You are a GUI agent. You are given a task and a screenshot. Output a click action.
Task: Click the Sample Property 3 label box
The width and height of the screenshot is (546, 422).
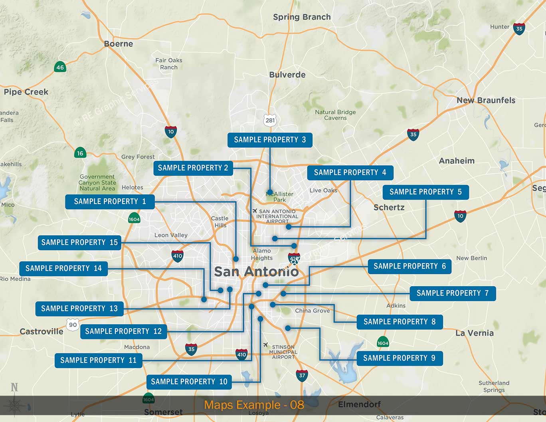coord(270,140)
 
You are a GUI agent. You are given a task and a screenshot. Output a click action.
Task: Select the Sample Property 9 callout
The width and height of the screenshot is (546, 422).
coord(400,358)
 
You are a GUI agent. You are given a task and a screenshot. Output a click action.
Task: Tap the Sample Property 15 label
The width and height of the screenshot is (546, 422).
coord(79,242)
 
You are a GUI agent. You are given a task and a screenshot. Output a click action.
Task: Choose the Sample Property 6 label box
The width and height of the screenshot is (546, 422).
coord(410,266)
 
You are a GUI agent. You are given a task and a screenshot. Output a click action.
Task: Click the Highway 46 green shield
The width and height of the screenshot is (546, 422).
coord(60,67)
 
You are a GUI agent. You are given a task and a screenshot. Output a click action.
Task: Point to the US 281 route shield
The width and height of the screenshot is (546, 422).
coord(270,120)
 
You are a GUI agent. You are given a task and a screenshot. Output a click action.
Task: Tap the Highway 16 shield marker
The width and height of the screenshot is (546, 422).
coord(80,153)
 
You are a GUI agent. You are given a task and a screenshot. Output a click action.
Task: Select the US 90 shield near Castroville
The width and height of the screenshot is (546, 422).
coord(73,325)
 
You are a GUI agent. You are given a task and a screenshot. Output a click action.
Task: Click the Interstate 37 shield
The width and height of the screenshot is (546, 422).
coord(302,375)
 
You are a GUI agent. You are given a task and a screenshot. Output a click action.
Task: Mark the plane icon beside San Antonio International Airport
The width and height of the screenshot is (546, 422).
coord(255,211)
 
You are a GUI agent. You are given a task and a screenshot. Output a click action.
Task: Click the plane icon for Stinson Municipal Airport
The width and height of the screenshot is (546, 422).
coord(265,345)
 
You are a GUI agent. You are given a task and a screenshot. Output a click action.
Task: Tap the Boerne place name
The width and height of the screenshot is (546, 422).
coord(119,44)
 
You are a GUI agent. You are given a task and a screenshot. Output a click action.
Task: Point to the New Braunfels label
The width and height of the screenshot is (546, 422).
coord(486,100)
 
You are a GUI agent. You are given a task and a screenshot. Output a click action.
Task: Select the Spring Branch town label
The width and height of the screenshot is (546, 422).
coord(302,17)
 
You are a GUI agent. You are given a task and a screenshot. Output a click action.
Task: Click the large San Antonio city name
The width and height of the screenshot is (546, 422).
coord(256,272)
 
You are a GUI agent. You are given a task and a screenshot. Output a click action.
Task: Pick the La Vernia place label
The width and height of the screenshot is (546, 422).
coord(475,333)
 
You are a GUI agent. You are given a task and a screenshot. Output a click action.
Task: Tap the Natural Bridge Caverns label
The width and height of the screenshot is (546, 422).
coord(335,115)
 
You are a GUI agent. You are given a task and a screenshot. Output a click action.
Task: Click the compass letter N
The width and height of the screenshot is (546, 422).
coord(14,387)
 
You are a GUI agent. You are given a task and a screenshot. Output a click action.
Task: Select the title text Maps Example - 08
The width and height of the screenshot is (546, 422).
coord(254,405)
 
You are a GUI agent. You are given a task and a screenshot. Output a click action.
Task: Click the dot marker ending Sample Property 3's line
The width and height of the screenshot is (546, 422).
coord(270,192)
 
